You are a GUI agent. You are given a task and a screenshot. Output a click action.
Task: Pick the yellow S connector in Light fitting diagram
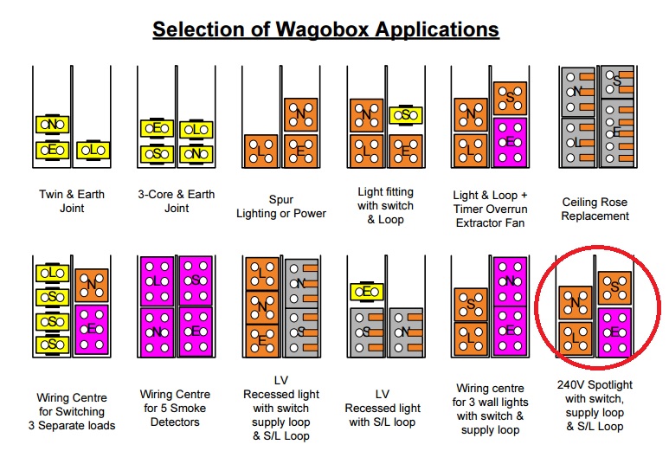(x=405, y=115)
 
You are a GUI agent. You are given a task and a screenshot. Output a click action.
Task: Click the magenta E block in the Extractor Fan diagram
(x=511, y=142)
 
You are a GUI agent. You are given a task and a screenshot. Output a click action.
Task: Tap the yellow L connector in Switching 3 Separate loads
(x=51, y=273)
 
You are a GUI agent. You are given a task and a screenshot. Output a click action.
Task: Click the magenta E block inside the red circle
(x=614, y=332)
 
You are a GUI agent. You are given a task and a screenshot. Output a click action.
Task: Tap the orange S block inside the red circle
(x=614, y=287)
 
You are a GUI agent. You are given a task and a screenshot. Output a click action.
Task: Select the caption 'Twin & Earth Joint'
(x=72, y=201)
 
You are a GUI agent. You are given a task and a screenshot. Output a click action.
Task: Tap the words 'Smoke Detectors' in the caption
(x=176, y=422)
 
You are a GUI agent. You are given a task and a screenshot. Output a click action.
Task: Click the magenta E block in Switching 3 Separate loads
(x=91, y=330)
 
